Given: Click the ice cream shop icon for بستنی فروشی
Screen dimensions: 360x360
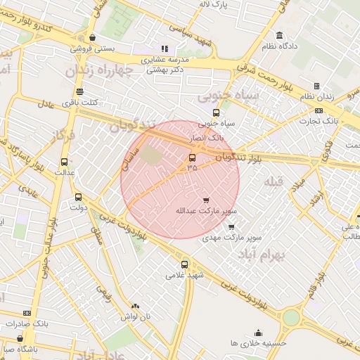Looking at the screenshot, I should tap(94, 38).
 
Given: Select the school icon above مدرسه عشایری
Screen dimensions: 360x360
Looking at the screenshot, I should tap(165, 49).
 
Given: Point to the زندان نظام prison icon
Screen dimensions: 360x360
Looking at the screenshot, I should tap(316, 86).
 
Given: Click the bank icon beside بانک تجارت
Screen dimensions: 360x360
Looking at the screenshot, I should tap(319, 110).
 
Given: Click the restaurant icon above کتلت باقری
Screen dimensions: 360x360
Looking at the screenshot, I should tap(79, 91).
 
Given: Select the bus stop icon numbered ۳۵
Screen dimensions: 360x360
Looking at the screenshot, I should tap(193, 157).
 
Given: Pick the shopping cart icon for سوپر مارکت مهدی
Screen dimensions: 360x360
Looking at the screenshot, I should tap(231, 227).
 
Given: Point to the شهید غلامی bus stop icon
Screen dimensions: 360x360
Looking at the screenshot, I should tap(184, 264).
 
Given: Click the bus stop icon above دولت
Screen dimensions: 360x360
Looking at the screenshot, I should tap(77, 197).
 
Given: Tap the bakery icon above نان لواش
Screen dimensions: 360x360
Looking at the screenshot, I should tap(135, 307).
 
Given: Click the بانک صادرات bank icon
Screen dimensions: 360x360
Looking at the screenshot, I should tap(27, 313).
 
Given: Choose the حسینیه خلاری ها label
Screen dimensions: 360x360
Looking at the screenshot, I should tap(259, 342).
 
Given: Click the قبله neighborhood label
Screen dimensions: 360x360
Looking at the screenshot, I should tap(272, 182).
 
